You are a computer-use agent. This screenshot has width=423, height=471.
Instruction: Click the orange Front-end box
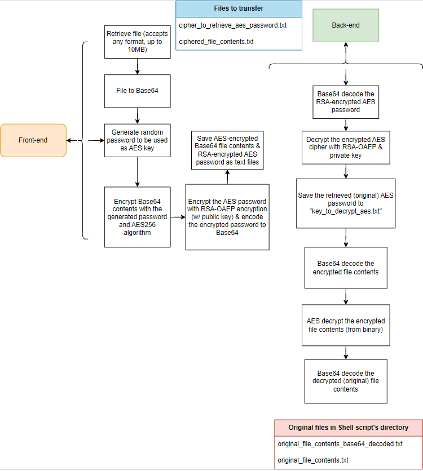tap(33, 140)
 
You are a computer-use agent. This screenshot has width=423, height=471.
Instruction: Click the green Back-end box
tap(346, 25)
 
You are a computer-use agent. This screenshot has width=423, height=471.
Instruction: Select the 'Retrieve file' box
tap(137, 42)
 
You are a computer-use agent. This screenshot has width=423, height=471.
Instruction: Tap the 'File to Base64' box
tap(137, 91)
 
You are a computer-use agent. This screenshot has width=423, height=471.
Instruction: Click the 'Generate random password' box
tap(137, 140)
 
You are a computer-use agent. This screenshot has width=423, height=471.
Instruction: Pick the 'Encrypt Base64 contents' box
tap(137, 217)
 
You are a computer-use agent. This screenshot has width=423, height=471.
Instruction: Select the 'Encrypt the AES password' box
tap(227, 217)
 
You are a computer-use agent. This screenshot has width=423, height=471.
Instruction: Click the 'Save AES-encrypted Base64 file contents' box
tap(227, 150)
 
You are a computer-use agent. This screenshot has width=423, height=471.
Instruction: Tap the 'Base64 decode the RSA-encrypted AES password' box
tap(346, 102)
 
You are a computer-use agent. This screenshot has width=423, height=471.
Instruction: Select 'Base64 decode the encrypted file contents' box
tap(346, 268)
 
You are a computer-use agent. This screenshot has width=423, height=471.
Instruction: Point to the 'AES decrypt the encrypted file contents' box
tap(346, 325)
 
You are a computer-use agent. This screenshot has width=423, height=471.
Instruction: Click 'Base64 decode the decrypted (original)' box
tap(346, 381)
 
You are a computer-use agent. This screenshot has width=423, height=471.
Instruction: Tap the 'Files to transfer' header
tap(239, 8)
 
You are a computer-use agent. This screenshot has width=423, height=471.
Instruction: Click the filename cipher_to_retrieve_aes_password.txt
tap(233, 25)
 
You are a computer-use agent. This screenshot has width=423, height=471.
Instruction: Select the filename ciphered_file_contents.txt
tap(216, 42)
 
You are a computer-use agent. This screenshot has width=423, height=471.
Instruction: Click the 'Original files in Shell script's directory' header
tap(348, 428)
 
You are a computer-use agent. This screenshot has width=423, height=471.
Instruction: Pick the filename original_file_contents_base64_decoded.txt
tap(340, 444)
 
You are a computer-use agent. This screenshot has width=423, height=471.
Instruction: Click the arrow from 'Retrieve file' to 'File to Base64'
tap(137, 66)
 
